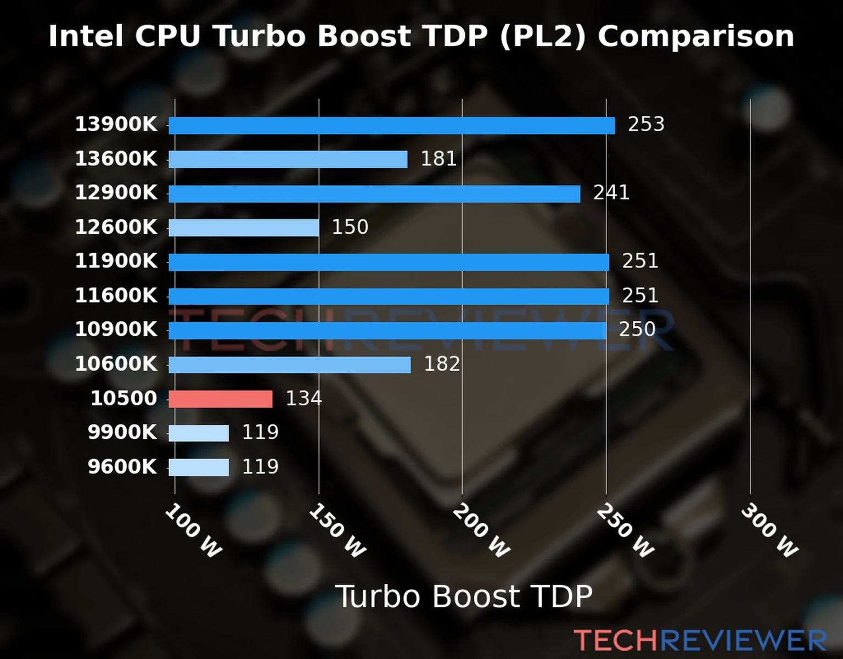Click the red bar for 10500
(221, 399)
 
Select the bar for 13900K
(391, 126)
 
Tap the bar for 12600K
(244, 228)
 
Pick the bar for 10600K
(289, 365)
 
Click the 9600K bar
(199, 467)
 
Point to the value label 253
(646, 125)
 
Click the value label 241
(611, 193)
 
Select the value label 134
(304, 398)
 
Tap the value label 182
(442, 364)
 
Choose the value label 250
(637, 329)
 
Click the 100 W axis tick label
(193, 530)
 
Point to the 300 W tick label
(769, 530)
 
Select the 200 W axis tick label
(481, 530)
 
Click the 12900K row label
(116, 193)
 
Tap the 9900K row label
(122, 432)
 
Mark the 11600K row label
(116, 295)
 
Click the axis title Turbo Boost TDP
(464, 596)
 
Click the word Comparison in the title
(696, 36)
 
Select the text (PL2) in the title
(543, 36)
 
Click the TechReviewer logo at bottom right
(700, 640)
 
